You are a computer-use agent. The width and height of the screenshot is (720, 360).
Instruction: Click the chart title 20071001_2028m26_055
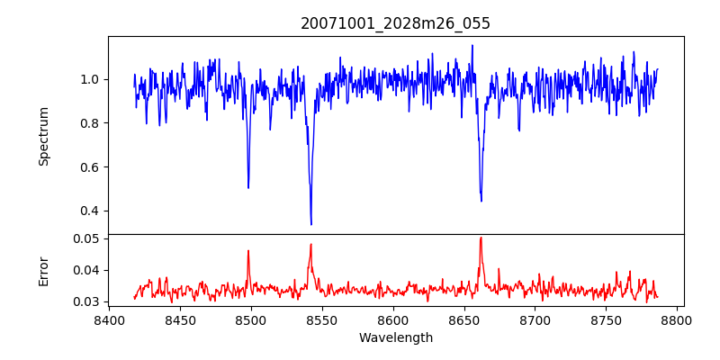pos(395,23)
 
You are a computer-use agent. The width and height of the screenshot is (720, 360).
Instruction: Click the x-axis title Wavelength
pos(395,337)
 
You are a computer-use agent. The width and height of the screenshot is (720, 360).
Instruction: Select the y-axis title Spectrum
pos(44,136)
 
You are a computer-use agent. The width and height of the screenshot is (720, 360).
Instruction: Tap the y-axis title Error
pos(44,270)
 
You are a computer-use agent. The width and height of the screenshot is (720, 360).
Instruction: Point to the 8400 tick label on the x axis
pos(109,319)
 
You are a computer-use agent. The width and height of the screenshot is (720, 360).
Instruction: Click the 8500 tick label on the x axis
pos(251,319)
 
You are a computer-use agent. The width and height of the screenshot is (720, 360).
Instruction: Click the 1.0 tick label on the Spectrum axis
pos(90,79)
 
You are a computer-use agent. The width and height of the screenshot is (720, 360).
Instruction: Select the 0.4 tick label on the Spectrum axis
pos(90,211)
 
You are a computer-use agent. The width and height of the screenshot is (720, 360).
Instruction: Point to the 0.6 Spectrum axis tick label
pos(90,167)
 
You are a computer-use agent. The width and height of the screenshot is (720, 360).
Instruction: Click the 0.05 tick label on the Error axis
pos(86,238)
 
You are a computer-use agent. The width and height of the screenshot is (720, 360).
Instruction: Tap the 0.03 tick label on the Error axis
pos(86,301)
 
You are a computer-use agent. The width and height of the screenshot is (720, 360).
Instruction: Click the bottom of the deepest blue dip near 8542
pos(311,225)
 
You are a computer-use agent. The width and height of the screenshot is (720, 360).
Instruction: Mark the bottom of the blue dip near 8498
pos(248,187)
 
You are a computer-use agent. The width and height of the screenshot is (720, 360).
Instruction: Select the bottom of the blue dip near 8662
pos(481,201)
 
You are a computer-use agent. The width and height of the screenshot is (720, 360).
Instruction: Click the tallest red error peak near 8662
pos(481,238)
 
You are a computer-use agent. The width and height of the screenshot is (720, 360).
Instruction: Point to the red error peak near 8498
pos(248,251)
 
